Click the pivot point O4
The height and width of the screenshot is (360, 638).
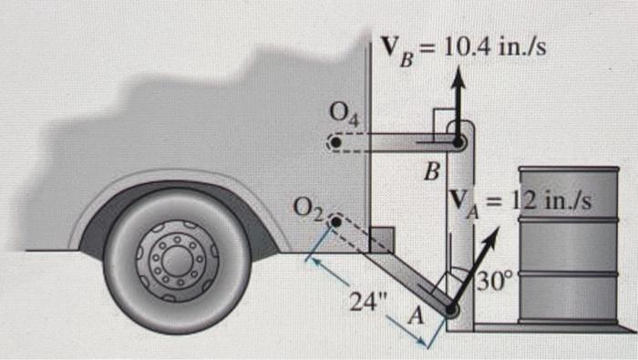(335, 143)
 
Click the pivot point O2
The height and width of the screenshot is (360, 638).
(336, 222)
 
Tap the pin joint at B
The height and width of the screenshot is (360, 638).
(458, 143)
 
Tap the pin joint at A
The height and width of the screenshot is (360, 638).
(451, 310)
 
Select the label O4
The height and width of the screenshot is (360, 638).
(345, 115)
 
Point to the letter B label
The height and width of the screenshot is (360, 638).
(433, 171)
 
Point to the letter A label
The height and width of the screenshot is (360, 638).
(416, 316)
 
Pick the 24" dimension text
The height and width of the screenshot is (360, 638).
(369, 302)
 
